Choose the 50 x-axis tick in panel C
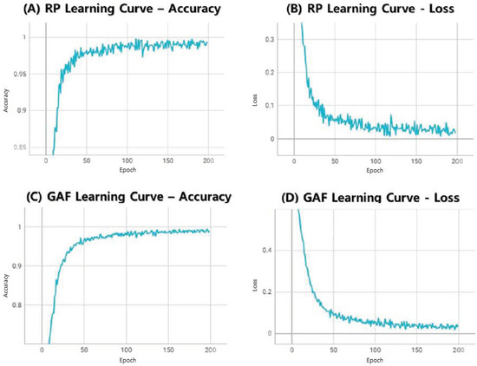tap(82, 350)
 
